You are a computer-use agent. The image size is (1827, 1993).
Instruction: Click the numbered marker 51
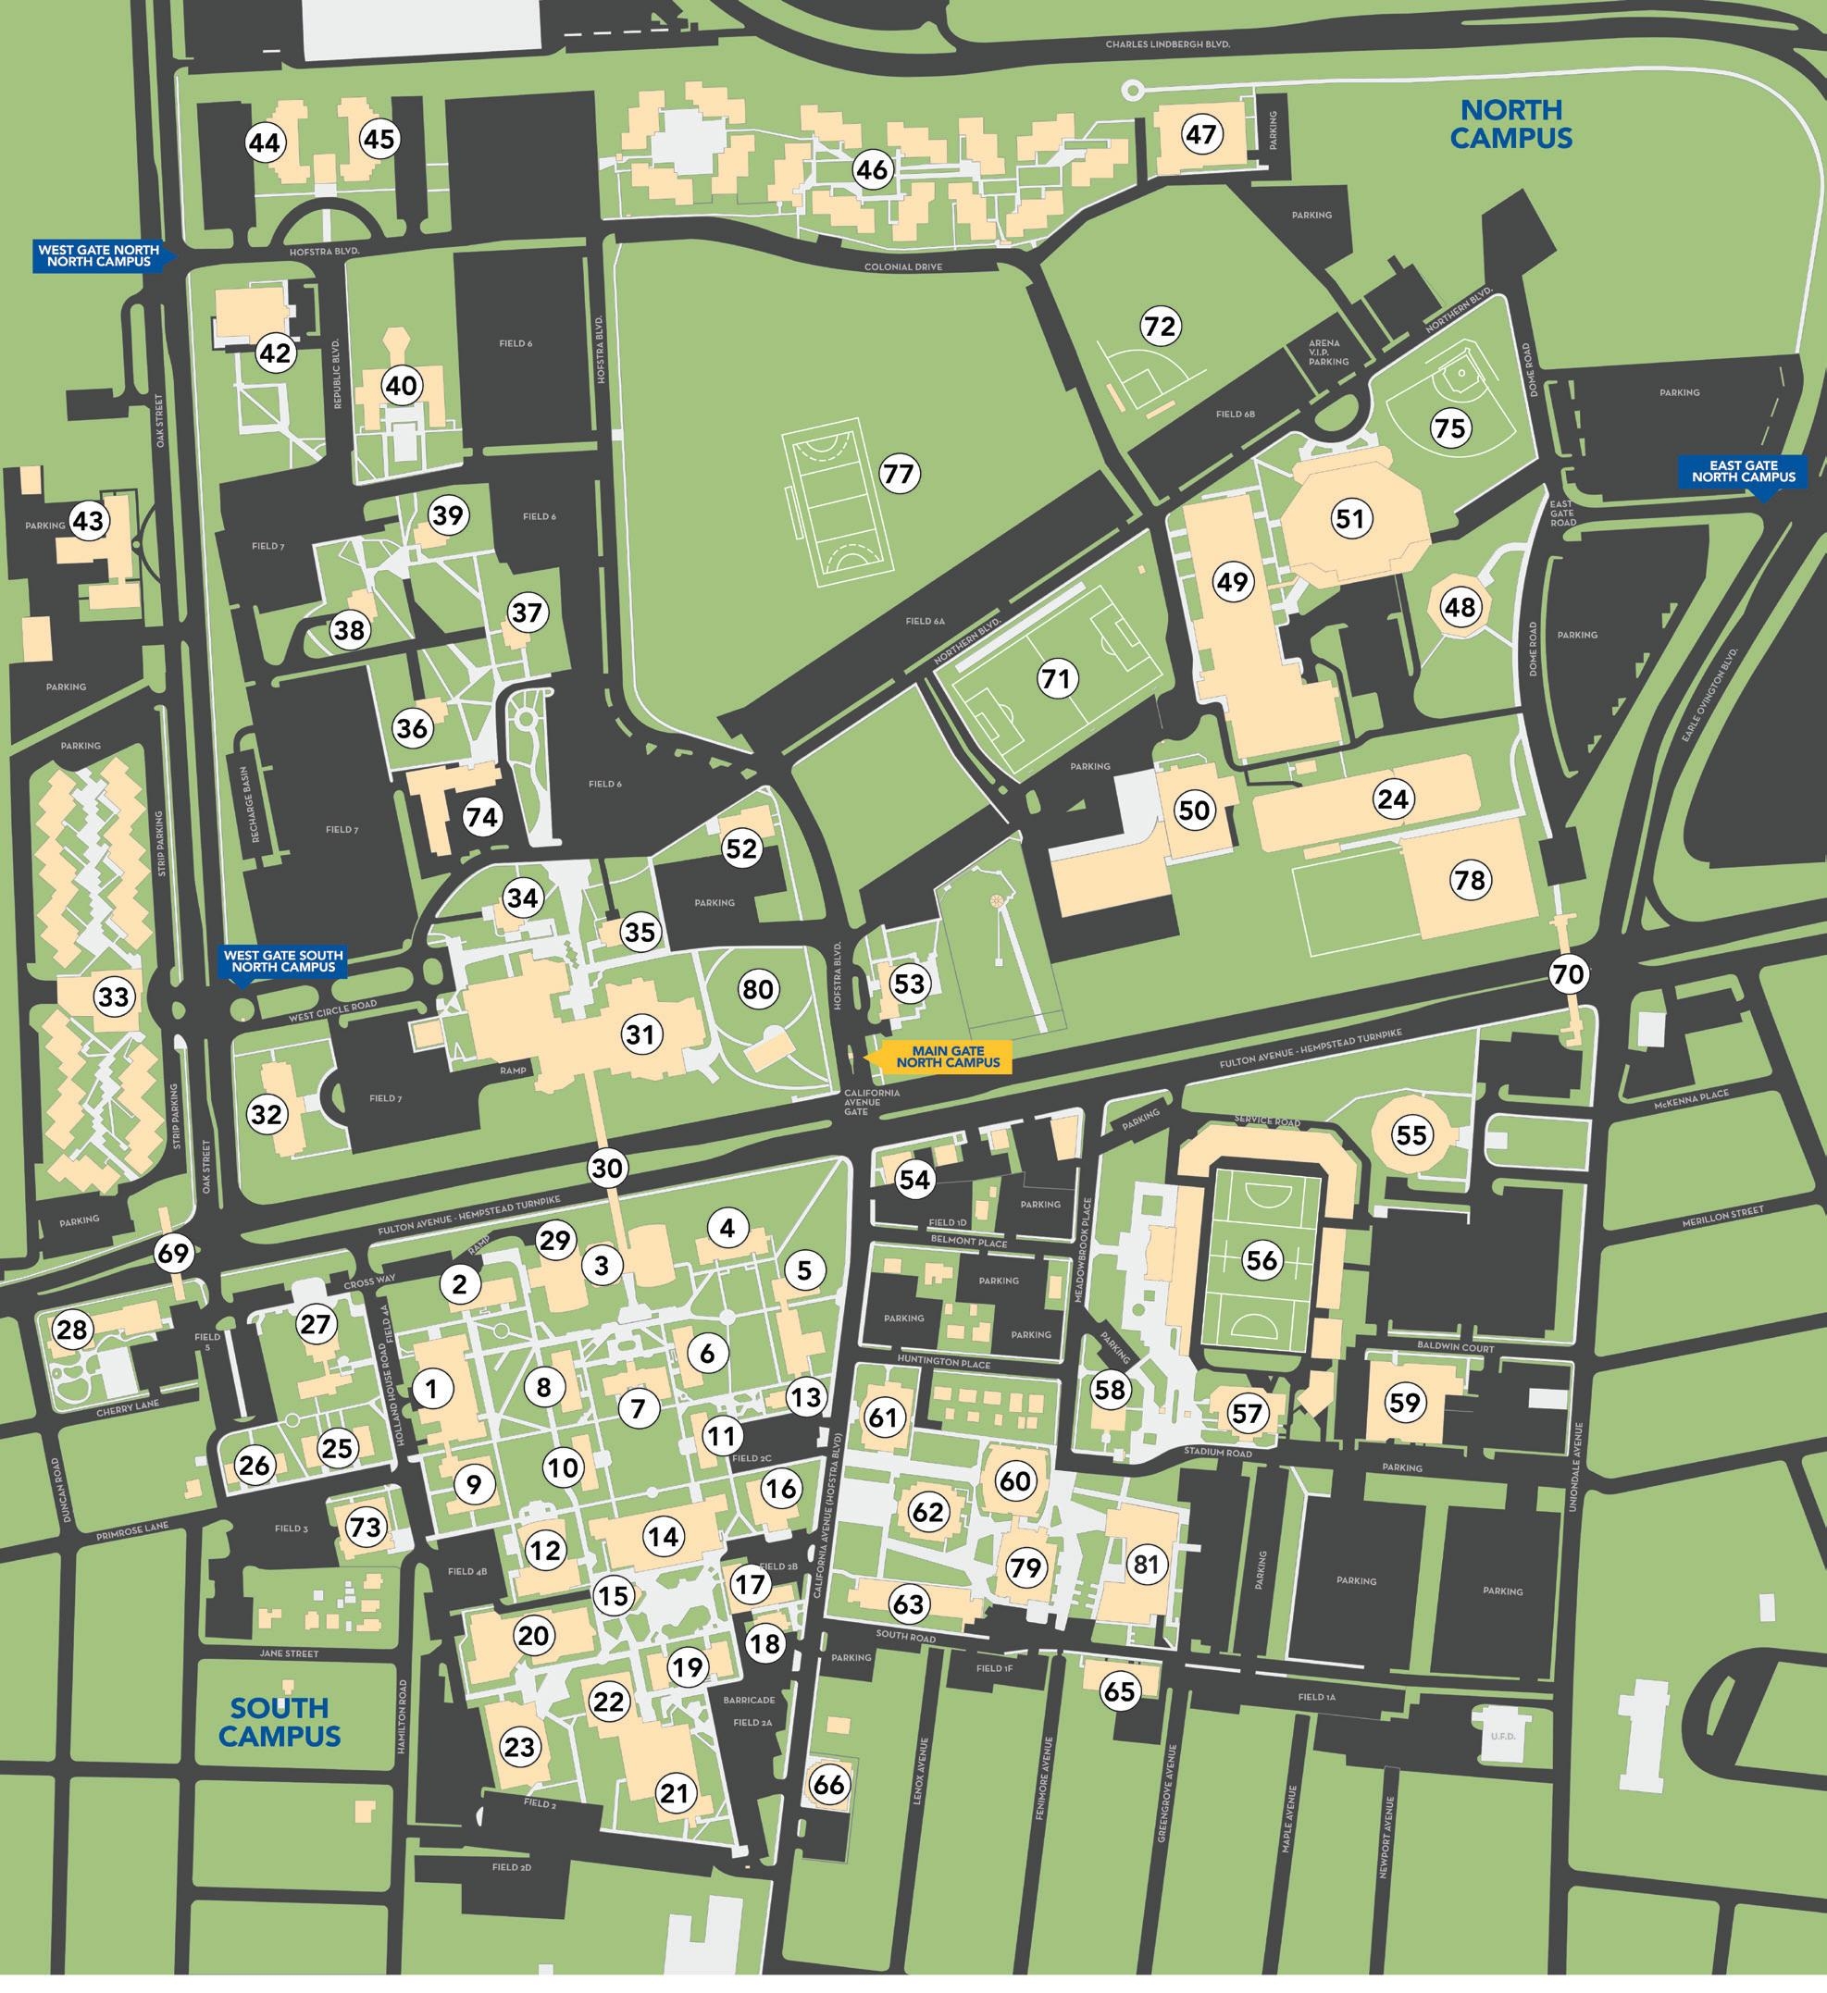pyautogui.click(x=1349, y=518)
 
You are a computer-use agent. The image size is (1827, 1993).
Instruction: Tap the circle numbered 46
pyautogui.click(x=872, y=170)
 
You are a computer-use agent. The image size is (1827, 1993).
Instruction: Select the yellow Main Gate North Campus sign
pyautogui.click(x=947, y=1057)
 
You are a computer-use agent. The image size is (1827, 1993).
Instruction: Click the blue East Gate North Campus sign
pyautogui.click(x=1743, y=471)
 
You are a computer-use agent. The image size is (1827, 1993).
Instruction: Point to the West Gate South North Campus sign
pyautogui.click(x=283, y=961)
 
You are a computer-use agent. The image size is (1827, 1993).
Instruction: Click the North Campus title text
pyautogui.click(x=1510, y=124)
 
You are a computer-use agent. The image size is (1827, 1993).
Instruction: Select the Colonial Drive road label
pyautogui.click(x=902, y=266)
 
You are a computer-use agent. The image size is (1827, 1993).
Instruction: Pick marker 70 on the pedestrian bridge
pyautogui.click(x=1568, y=973)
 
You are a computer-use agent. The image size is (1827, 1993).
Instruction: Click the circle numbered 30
pyautogui.click(x=607, y=1168)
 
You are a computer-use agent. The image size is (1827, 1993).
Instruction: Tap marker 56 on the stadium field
pyautogui.click(x=1261, y=1259)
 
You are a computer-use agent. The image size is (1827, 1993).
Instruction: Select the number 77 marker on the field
pyautogui.click(x=899, y=475)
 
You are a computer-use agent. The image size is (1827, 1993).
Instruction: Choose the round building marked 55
pyautogui.click(x=1411, y=1134)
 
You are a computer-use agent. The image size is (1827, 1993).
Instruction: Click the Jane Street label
pyautogui.click(x=289, y=1653)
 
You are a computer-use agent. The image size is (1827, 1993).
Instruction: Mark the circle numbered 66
pyautogui.click(x=828, y=1785)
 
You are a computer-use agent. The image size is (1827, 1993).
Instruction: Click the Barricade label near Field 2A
pyautogui.click(x=754, y=1701)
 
